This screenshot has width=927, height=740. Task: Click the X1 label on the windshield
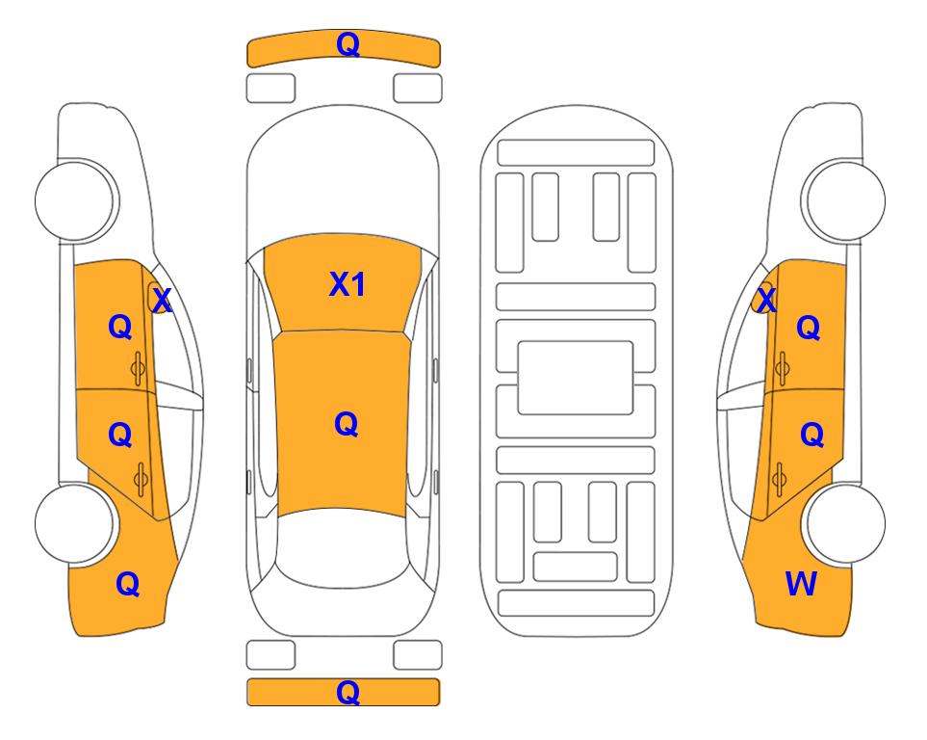click(x=348, y=284)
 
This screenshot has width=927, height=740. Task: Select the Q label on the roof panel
click(x=347, y=424)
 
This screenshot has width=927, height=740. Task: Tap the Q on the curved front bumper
click(x=348, y=43)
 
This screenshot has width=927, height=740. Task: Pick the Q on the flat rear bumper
click(x=348, y=692)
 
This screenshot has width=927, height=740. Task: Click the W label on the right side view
click(x=801, y=584)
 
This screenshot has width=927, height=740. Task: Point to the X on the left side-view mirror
click(x=162, y=301)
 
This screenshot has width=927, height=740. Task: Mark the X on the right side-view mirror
click(x=766, y=300)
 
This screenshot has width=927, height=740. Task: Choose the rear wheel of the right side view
click(x=844, y=523)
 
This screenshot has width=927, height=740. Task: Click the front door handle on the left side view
click(x=139, y=368)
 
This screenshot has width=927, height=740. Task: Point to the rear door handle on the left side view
click(x=141, y=479)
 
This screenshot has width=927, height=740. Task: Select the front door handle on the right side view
click(x=783, y=368)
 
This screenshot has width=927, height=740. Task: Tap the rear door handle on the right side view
click(x=780, y=479)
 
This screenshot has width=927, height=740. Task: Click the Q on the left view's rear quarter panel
click(x=128, y=584)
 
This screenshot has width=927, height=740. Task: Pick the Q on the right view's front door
click(x=809, y=327)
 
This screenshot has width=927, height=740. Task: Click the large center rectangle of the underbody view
click(x=576, y=378)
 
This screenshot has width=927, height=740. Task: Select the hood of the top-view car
click(x=343, y=174)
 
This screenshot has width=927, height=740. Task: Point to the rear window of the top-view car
click(x=343, y=547)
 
